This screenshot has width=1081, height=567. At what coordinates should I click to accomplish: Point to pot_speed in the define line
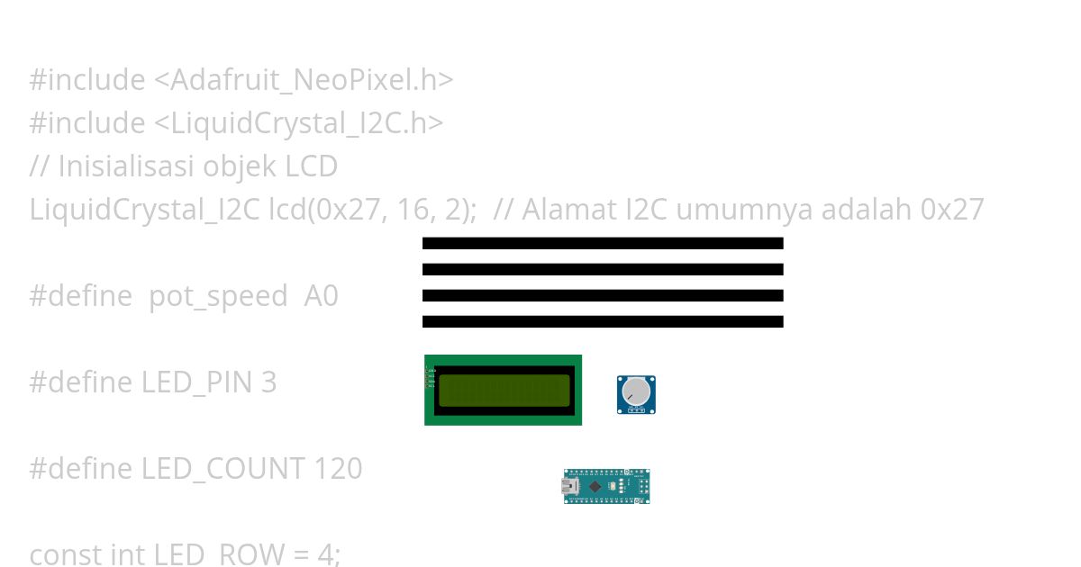click(x=219, y=296)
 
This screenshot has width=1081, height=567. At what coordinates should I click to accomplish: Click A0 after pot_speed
click(x=322, y=296)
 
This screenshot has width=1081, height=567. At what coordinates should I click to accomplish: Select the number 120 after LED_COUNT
click(x=338, y=469)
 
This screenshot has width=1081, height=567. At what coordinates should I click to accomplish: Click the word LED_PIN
click(x=197, y=382)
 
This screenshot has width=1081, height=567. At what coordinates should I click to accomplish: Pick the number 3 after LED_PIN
click(x=268, y=382)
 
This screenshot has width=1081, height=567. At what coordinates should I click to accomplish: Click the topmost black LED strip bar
click(x=603, y=243)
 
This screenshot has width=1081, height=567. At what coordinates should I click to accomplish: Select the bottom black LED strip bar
click(x=603, y=321)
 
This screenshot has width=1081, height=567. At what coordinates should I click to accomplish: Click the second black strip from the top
click(x=603, y=269)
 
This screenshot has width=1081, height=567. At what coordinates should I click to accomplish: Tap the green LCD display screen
click(x=504, y=391)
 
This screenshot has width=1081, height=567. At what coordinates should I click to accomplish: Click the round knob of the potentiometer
click(x=635, y=391)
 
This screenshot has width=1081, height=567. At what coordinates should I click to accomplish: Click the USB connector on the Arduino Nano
click(x=569, y=487)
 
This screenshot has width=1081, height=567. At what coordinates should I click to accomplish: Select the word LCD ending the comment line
click(x=312, y=166)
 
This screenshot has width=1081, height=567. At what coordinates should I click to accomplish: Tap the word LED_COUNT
click(x=223, y=469)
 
